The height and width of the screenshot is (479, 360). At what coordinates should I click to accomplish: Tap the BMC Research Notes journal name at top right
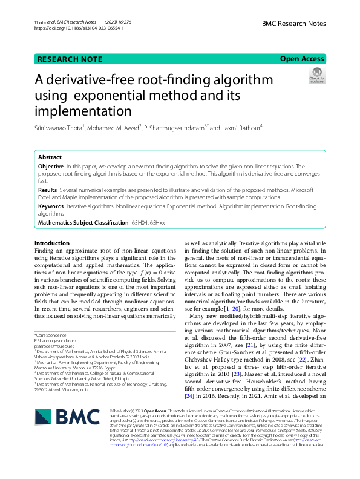(x=294, y=24)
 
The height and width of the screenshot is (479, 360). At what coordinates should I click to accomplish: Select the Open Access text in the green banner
(x=302, y=59)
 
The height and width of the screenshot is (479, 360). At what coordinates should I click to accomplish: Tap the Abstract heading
(x=50, y=156)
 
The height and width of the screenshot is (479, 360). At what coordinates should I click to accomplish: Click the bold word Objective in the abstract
(x=51, y=166)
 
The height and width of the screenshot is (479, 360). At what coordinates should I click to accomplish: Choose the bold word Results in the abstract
(x=48, y=190)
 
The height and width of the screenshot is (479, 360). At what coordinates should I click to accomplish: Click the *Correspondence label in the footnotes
(x=52, y=334)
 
